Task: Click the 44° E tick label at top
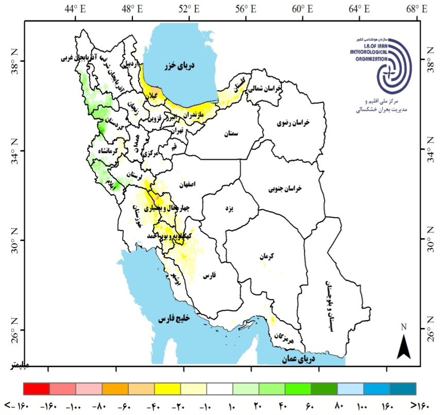pyautogui.click(x=76, y=9)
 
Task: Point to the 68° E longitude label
pyautogui.click(x=417, y=9)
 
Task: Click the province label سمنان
pyautogui.click(x=231, y=134)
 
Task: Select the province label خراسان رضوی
pyautogui.click(x=292, y=123)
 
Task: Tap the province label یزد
pyautogui.click(x=230, y=209)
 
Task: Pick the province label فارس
pyautogui.click(x=209, y=277)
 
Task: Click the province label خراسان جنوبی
pyautogui.click(x=285, y=189)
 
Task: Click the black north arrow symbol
pyautogui.click(x=403, y=346)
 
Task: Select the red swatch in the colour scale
pyautogui.click(x=37, y=388)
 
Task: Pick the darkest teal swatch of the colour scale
pyautogui.click(x=403, y=388)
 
